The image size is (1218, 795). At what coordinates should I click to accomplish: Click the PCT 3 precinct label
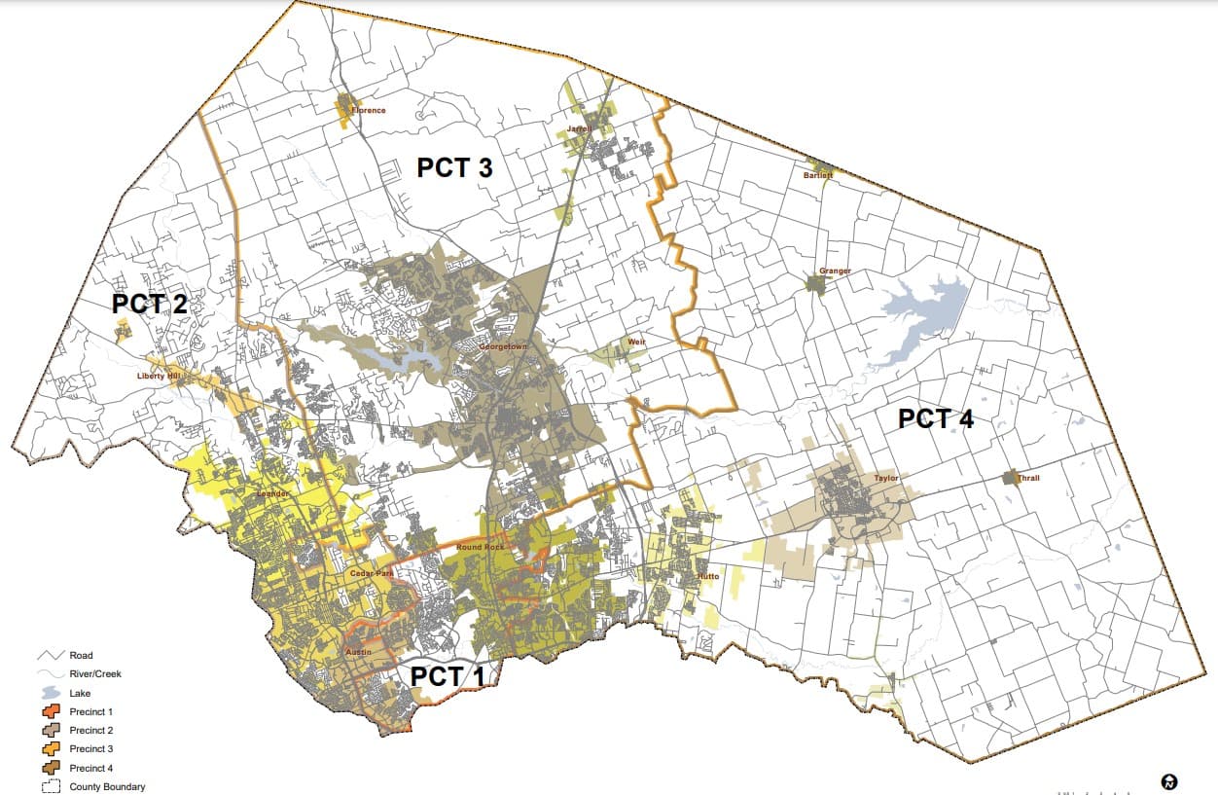[x=454, y=167]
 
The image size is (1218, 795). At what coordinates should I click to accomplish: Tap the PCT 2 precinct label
[x=149, y=304]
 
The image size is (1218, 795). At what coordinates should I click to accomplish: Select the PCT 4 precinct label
[x=935, y=419]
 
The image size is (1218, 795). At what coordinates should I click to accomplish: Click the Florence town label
[x=369, y=110]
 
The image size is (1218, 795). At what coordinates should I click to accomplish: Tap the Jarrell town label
[x=582, y=128]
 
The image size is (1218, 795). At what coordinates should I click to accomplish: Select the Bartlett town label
[x=818, y=175]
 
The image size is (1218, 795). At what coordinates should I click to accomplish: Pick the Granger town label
[x=835, y=271]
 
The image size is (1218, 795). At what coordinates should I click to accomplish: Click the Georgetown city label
[x=502, y=346]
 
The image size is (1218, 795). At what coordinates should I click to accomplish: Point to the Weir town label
[x=636, y=343]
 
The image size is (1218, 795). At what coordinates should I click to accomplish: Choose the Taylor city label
[x=885, y=479]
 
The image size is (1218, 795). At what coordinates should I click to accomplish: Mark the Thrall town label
[x=1027, y=478]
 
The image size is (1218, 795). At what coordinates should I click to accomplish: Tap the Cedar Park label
[x=370, y=574]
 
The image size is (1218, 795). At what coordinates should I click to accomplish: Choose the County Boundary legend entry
[x=107, y=786]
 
